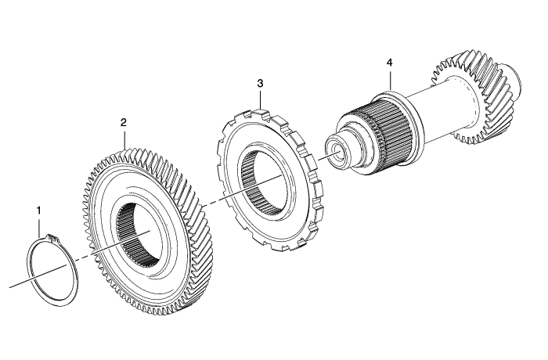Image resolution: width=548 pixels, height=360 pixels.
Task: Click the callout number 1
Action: tap(38, 210)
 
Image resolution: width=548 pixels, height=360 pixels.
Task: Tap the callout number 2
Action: tap(123, 122)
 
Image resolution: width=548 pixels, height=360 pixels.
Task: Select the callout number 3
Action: tap(261, 82)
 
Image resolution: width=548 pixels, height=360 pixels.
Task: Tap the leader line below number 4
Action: tap(388, 78)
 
